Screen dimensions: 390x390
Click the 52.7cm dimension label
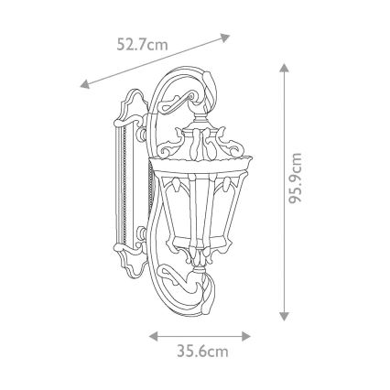(142, 45)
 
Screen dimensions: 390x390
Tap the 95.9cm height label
(295, 179)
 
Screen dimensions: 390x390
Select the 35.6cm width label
(202, 352)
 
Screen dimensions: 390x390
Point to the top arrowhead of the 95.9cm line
(284, 68)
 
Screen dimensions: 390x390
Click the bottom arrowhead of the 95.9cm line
(284, 317)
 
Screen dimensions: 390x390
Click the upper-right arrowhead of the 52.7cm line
(225, 38)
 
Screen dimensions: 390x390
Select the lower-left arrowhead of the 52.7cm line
(84, 84)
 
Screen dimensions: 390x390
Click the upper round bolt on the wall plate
(142, 134)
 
